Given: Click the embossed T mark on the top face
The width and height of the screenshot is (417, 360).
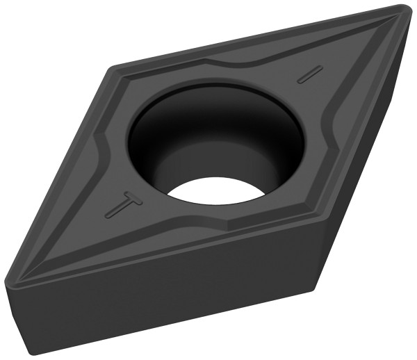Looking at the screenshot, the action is click(x=124, y=204).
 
